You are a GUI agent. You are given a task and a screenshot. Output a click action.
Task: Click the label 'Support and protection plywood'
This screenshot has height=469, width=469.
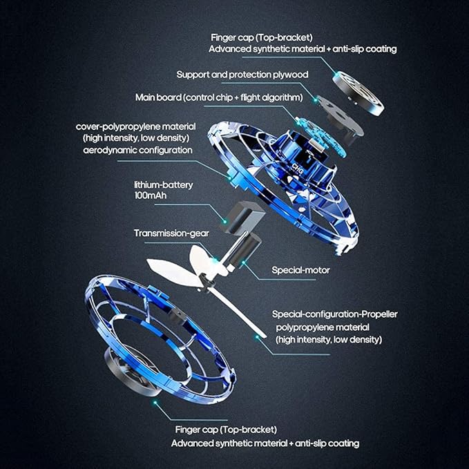[241, 74]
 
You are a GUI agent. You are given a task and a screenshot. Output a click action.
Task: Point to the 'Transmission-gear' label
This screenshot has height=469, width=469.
[171, 233]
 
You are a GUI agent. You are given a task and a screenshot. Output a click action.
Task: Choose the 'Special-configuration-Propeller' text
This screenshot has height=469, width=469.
[334, 314]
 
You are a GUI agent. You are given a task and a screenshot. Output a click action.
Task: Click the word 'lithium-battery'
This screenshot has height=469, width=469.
[163, 185]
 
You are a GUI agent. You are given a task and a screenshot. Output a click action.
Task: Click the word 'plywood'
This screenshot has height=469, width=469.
[289, 74]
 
